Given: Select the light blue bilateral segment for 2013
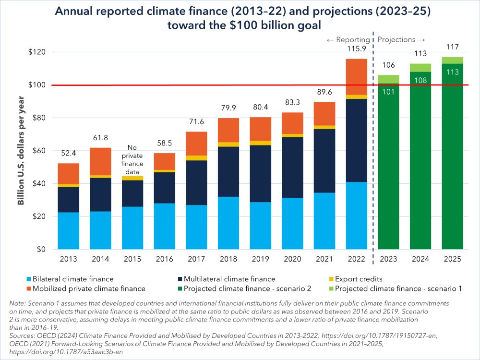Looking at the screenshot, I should [x=69, y=230].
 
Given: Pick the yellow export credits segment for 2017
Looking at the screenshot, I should [x=196, y=158].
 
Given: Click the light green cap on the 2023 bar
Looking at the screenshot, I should [x=388, y=79].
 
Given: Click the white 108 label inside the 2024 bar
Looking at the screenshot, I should [x=420, y=80].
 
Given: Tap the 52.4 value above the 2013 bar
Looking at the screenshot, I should [x=69, y=154].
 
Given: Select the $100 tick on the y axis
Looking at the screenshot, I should [x=36, y=85].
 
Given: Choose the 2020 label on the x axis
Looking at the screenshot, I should [x=293, y=259].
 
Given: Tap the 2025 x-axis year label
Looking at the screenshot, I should [x=453, y=259].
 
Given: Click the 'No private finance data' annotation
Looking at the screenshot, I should [x=132, y=159].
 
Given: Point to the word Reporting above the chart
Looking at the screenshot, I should [x=352, y=39].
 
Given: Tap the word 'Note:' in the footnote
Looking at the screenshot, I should [x=18, y=303].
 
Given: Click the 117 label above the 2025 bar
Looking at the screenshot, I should [x=453, y=47].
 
